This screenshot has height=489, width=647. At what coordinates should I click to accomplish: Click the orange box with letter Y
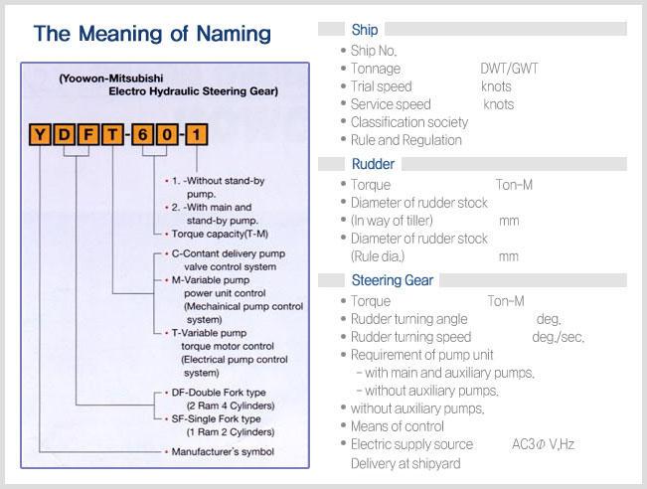pos(40,134)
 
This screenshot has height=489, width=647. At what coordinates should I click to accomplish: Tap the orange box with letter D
pos(64,134)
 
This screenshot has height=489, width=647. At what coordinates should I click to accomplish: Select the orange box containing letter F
pos(88,134)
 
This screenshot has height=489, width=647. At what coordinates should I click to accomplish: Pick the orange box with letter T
pos(112,134)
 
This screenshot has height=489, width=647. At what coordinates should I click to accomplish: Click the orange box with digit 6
pos(142,134)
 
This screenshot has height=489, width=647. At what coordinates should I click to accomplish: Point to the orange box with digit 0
pos(167,134)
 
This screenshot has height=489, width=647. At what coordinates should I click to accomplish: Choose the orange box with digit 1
pos(197,134)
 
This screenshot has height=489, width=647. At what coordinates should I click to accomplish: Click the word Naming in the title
pos(234,34)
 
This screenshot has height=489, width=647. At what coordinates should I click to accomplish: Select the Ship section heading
pos(365,30)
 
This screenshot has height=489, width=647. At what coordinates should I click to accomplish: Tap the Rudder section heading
pos(373,164)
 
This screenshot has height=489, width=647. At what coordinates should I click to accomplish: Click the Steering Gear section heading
pos(393,280)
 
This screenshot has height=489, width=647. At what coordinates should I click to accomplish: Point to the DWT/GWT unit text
pos(510,69)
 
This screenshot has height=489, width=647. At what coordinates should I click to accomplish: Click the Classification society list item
pos(409,122)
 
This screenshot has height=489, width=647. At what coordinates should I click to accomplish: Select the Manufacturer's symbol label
pos(223,451)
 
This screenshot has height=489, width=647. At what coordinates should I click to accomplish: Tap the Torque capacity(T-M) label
pos(220,234)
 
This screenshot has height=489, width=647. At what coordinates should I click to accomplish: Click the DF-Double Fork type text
pos(219,393)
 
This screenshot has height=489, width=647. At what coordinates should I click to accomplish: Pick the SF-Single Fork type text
pos(217,418)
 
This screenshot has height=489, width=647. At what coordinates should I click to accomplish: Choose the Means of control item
pos(398,426)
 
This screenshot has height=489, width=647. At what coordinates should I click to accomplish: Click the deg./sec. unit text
pos(559,337)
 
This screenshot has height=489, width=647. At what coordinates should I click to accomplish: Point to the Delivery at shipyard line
pos(405,463)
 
